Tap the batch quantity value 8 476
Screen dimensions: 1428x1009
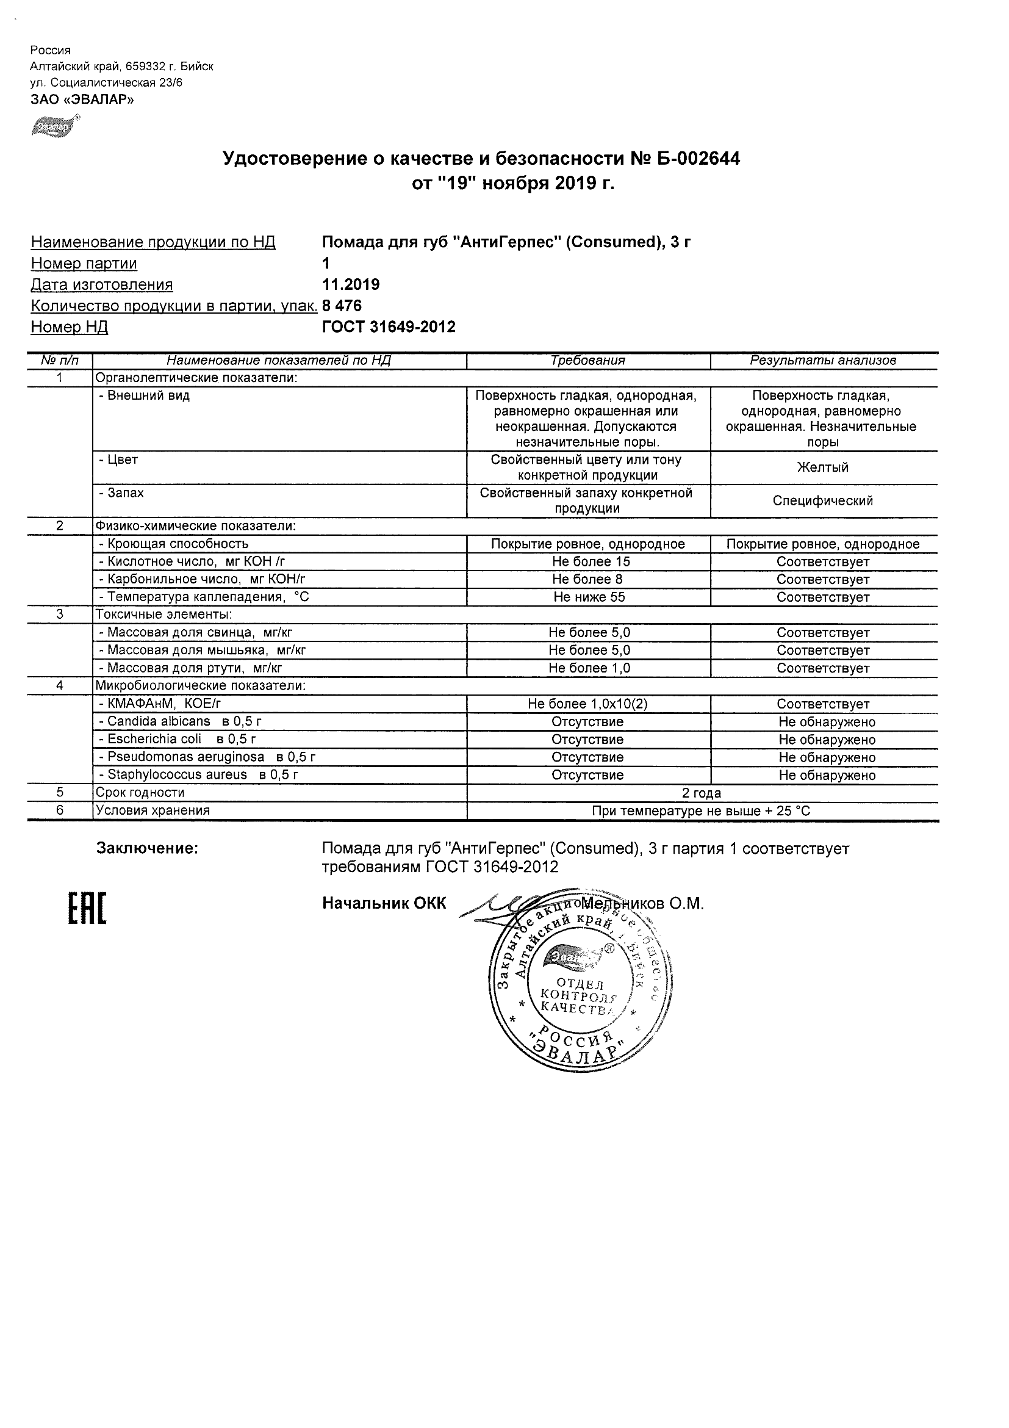point(342,305)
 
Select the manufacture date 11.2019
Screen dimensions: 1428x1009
point(351,284)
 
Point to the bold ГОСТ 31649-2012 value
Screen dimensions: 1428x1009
point(389,326)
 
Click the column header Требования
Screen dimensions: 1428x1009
point(587,360)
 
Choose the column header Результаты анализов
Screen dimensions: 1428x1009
point(823,360)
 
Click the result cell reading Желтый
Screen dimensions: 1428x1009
point(823,467)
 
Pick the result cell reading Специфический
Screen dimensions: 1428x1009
point(823,500)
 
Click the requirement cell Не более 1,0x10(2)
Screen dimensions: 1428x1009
point(587,704)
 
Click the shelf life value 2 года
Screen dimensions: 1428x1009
point(702,793)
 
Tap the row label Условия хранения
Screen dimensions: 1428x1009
point(153,810)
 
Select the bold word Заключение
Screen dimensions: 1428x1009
point(148,848)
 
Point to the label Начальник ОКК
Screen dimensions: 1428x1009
point(384,904)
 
